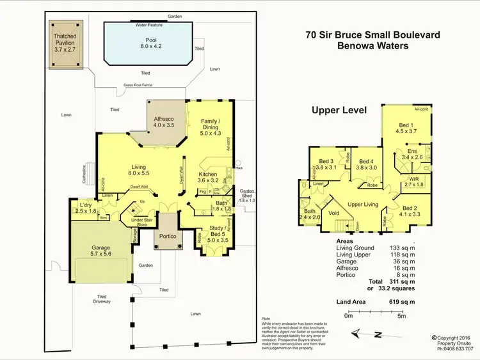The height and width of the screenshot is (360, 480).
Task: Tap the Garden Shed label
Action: (x=247, y=195)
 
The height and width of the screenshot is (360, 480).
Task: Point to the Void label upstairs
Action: (x=333, y=213)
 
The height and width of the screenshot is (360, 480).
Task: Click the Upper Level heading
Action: (x=339, y=110)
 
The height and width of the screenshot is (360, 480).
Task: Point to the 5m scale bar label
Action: (x=401, y=315)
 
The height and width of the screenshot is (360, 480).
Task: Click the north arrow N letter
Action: (x=378, y=334)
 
